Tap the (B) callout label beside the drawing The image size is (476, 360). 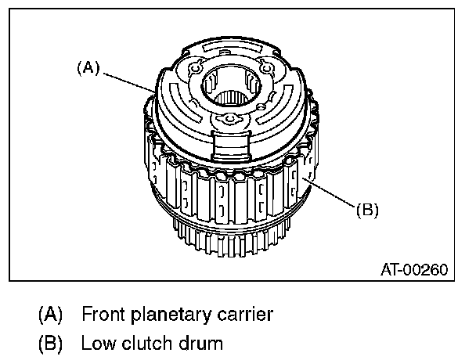[x=368, y=210]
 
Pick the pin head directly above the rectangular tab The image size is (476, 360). [x=229, y=119]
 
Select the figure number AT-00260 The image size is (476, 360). [x=414, y=270]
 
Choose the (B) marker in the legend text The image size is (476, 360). [x=51, y=343]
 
